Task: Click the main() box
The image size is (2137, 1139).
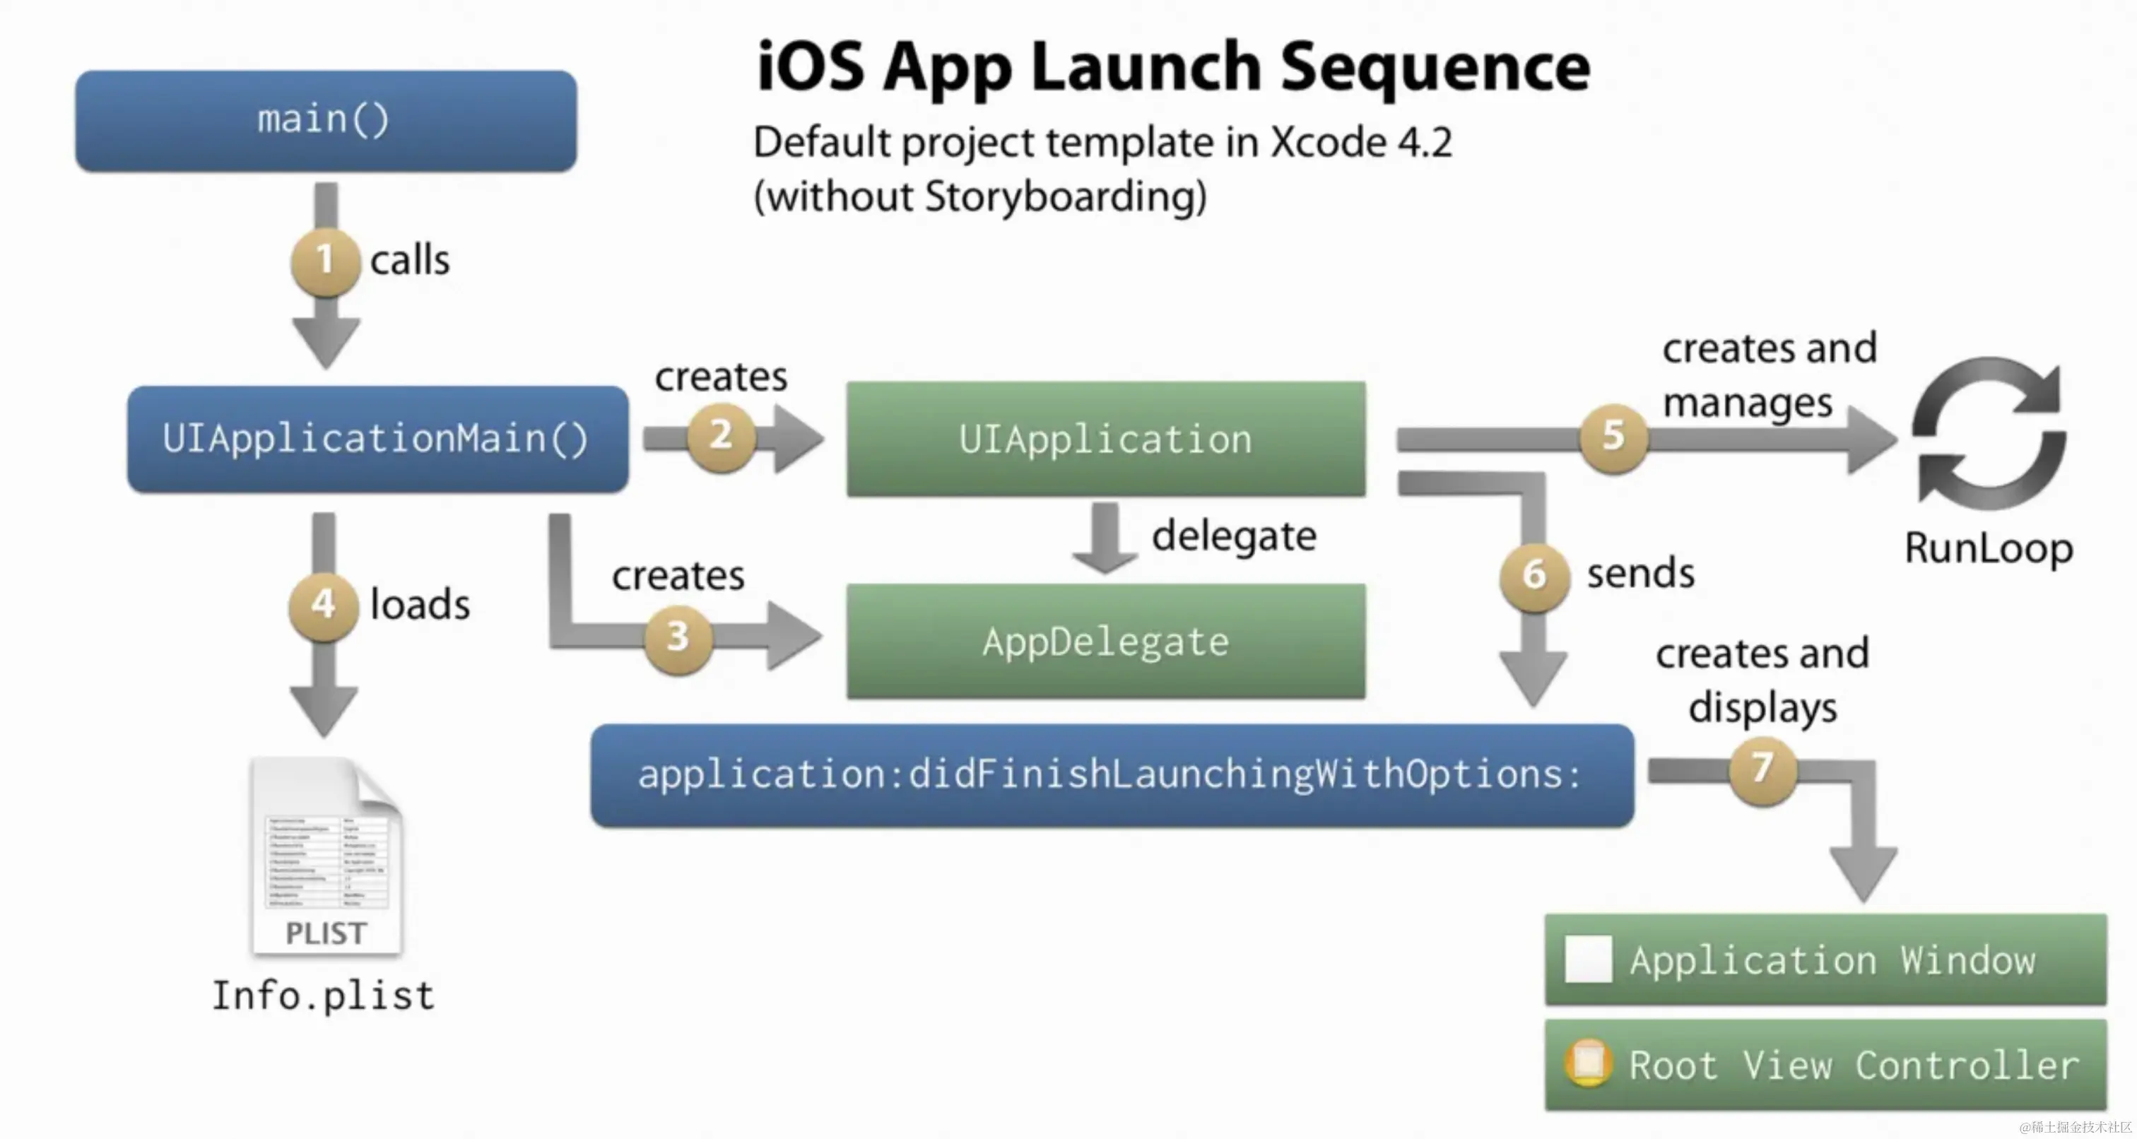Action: pyautogui.click(x=325, y=121)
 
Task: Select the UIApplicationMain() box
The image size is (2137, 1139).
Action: pyautogui.click(x=377, y=439)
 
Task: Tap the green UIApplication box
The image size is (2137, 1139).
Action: pyautogui.click(x=1106, y=439)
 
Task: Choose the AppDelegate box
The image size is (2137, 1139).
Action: pyautogui.click(x=1106, y=642)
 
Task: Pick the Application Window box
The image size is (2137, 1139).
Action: pyautogui.click(x=1825, y=960)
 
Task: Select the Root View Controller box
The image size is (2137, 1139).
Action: pyautogui.click(x=1825, y=1066)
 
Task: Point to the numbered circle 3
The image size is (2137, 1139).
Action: pyautogui.click(x=678, y=637)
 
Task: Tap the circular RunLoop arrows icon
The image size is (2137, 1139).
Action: pyautogui.click(x=1989, y=434)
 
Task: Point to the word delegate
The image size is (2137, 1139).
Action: pyautogui.click(x=1234, y=536)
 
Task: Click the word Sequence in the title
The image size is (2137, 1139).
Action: pyautogui.click(x=1435, y=68)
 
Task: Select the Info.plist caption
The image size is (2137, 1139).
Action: pyautogui.click(x=323, y=996)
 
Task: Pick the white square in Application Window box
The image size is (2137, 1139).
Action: pyautogui.click(x=1588, y=959)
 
